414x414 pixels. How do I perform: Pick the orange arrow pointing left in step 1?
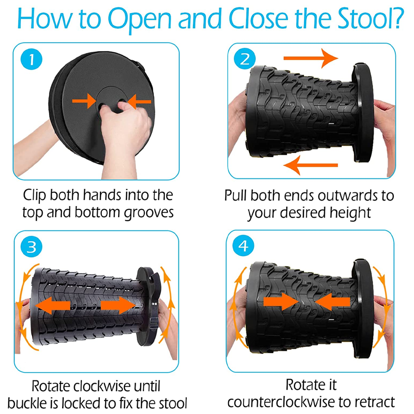pyautogui.click(x=139, y=101)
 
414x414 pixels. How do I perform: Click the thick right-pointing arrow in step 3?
pyautogui.click(x=118, y=306)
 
